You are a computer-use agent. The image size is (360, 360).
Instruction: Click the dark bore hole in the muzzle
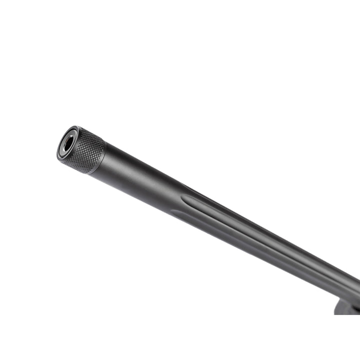coord(66,144)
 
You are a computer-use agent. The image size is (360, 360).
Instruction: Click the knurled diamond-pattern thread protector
coord(86,150)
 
